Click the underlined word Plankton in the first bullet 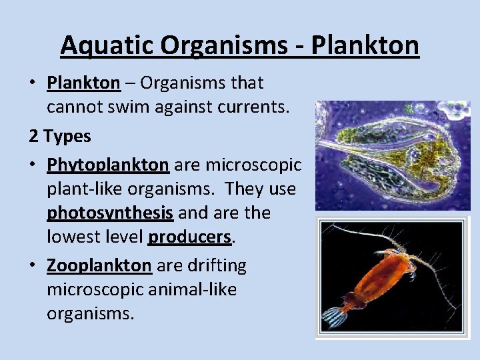(x=83, y=83)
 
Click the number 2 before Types (x=34, y=136)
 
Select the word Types (x=67, y=137)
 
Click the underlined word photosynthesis (x=110, y=213)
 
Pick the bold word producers (x=190, y=237)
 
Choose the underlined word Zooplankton (x=99, y=265)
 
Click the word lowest (x=72, y=237)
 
